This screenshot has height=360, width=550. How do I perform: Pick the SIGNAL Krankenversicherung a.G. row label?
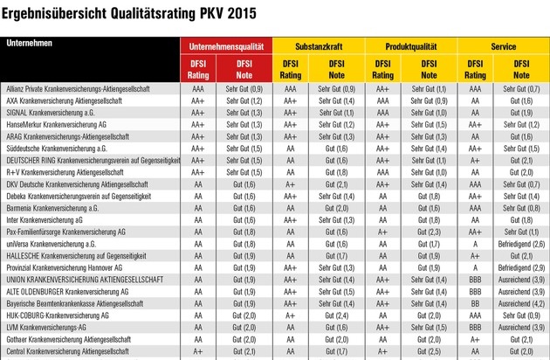point(54,113)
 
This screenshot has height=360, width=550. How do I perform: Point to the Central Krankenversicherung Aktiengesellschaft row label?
point(72,350)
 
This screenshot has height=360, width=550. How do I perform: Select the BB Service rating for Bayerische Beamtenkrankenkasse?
point(475,302)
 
